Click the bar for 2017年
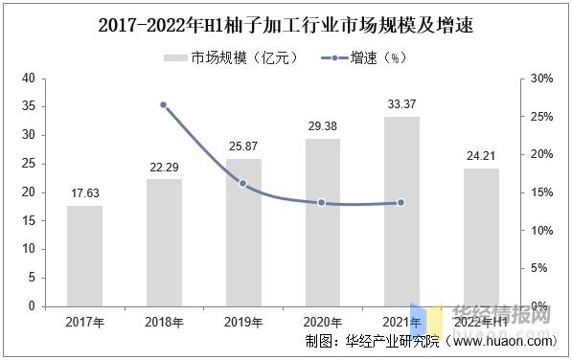point(85,256)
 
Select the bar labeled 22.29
point(164,242)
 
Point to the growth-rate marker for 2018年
point(164,104)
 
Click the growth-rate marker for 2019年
point(243,183)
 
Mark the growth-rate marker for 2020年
point(322,203)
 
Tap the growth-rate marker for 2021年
point(401,202)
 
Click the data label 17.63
point(85,194)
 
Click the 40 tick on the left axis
point(29,78)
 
